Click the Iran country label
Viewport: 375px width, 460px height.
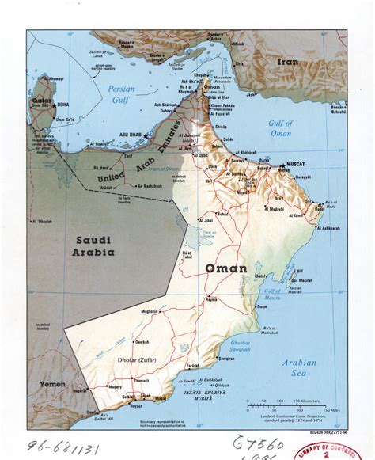pos(287,61)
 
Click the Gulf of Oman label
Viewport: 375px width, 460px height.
pos(281,127)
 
